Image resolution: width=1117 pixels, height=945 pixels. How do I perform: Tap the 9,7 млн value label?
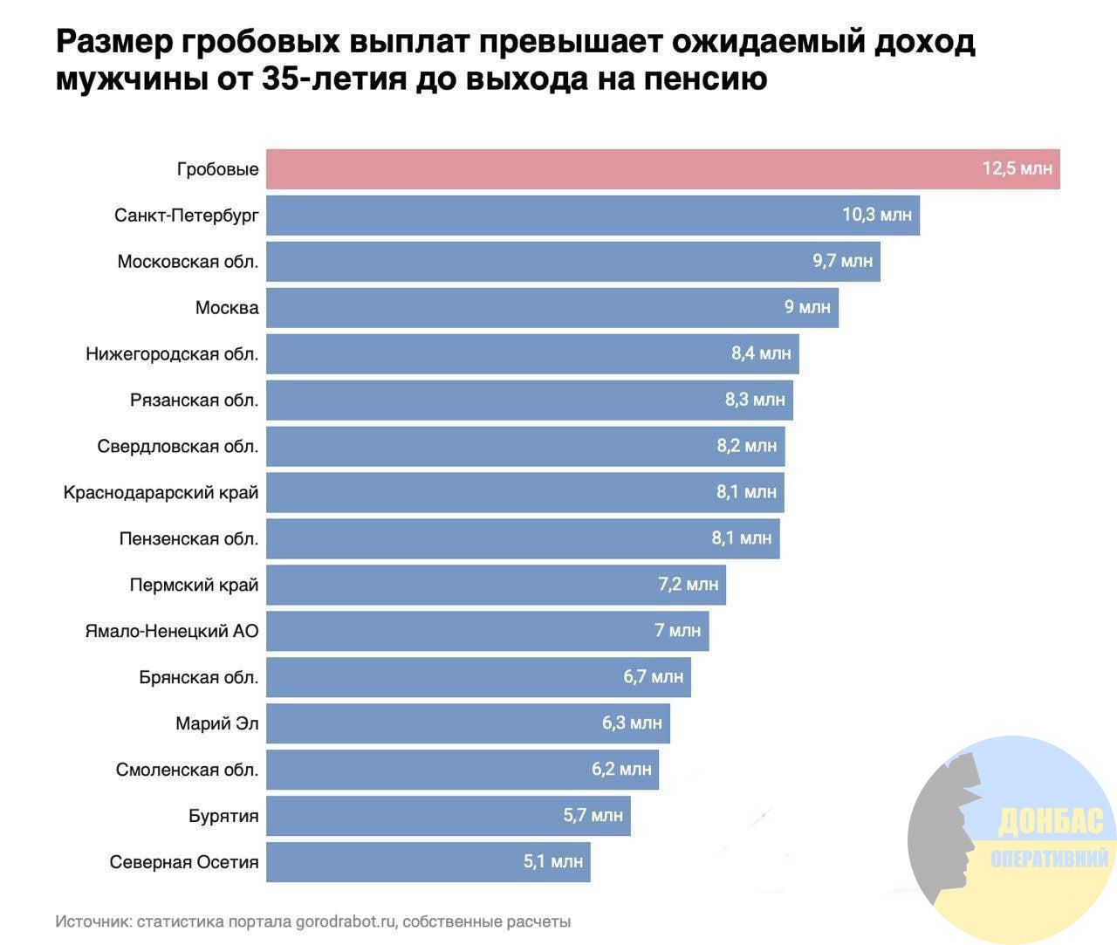tap(842, 261)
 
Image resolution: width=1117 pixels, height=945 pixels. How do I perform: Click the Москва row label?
tap(227, 308)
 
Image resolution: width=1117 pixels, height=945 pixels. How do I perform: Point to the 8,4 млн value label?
tap(761, 353)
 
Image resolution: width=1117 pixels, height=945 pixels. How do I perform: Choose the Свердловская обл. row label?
tap(178, 447)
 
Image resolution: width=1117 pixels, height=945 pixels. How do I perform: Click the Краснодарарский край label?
tap(161, 493)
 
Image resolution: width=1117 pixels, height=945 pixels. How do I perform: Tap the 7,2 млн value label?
tap(689, 585)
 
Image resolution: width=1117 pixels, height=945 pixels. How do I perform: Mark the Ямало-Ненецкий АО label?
tap(172, 631)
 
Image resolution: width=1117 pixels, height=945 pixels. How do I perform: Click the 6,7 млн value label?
tap(654, 677)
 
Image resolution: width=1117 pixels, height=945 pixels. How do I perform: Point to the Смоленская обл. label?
tap(187, 770)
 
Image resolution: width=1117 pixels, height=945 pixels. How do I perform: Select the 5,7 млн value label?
tap(593, 816)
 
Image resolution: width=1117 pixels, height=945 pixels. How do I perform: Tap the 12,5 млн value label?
tap(1018, 168)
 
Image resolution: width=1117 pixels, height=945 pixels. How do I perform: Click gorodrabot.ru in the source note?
tap(346, 921)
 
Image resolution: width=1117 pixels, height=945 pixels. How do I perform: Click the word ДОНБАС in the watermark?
tap(1051, 821)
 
